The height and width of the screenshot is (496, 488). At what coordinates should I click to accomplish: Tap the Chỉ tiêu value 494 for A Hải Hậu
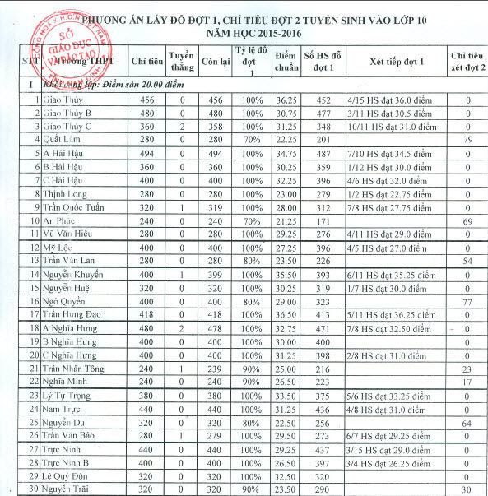[146, 153]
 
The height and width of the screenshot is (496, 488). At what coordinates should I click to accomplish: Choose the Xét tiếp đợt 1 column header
[397, 61]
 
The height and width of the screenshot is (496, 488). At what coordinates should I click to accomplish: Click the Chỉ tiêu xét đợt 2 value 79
[467, 139]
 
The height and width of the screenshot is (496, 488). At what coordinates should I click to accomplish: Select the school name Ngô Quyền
[65, 301]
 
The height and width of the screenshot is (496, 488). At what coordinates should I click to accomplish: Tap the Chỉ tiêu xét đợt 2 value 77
[467, 301]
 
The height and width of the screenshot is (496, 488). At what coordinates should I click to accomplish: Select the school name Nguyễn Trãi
[67, 489]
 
